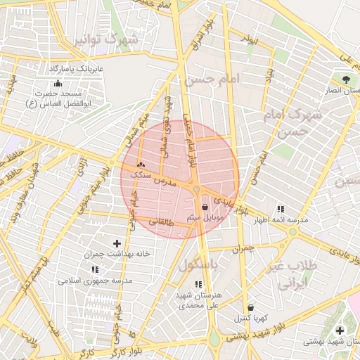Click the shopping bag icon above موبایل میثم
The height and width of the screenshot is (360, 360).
tap(205, 207)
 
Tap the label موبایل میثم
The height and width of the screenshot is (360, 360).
tap(205, 219)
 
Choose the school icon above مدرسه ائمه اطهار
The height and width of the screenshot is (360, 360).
tap(281, 209)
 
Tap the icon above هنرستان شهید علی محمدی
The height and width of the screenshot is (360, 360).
tap(198, 284)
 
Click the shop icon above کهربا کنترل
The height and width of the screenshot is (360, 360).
tap(250, 307)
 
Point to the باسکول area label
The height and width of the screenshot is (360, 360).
tap(198, 266)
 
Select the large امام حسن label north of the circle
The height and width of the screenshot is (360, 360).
tap(212, 80)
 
